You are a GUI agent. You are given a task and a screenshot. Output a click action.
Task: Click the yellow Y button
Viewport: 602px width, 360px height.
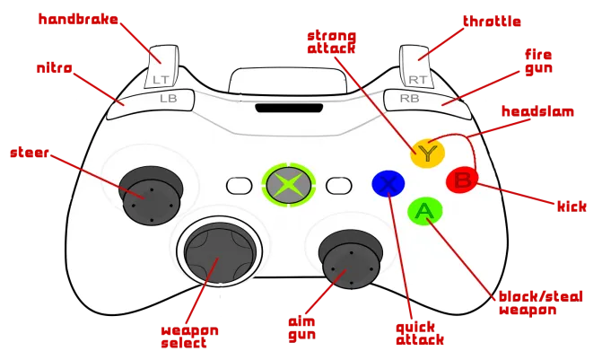[x=427, y=153]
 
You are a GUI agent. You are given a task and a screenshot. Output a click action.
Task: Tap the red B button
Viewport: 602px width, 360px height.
[x=462, y=180]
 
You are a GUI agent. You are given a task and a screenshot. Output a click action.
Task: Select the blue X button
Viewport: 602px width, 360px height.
[x=388, y=184]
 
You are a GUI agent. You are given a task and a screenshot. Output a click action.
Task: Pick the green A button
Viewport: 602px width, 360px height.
[x=423, y=211]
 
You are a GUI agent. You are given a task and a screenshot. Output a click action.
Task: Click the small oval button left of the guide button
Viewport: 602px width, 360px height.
[x=239, y=185]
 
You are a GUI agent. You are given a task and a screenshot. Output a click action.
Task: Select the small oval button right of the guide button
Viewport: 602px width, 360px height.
[x=337, y=185]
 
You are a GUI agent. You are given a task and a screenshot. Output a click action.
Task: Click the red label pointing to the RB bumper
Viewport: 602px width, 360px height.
[x=539, y=62]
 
